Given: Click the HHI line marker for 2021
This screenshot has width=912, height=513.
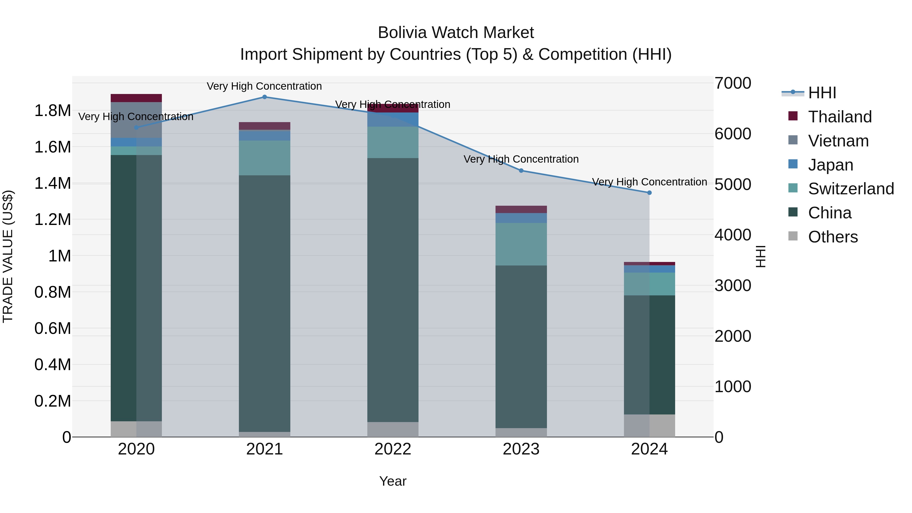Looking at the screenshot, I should tap(264, 97).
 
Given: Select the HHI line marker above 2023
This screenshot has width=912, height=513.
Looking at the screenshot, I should tap(521, 171).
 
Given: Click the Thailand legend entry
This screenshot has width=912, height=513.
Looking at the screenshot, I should tap(840, 117).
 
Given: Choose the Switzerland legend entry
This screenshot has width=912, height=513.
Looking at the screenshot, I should tap(851, 189).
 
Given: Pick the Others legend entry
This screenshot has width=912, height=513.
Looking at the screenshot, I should tap(833, 237).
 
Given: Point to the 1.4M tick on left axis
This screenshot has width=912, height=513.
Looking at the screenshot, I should tap(52, 183).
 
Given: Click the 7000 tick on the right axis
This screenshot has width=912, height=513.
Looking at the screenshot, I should tap(732, 83).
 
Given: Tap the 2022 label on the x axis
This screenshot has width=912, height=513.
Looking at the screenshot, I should tap(393, 449).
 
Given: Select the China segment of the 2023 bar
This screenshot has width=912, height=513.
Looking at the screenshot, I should tap(521, 347).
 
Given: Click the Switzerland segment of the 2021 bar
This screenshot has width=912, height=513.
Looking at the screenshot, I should tap(264, 158).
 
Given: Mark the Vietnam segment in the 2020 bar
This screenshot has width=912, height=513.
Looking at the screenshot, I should tap(136, 120).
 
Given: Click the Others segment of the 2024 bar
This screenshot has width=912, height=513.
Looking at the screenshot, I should tap(649, 426).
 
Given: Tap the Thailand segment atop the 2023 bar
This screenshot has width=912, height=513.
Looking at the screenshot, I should tap(521, 209).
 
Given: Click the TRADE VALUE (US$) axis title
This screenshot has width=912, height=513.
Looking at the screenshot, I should tap(8, 256).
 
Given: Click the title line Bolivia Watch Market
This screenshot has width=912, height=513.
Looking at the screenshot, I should tap(456, 33).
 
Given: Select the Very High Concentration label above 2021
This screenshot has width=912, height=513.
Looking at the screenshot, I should tap(264, 86).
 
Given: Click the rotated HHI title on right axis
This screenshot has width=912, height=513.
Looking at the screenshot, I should tap(760, 256).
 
